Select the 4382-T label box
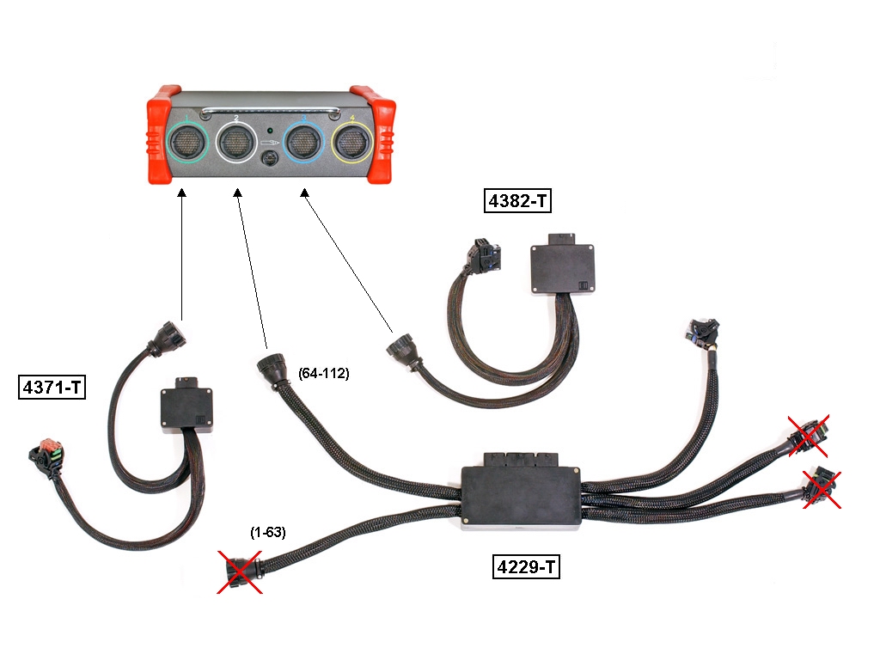pos(517,203)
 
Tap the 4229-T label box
pos(526,567)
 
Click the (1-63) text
pos(268,533)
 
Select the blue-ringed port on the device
pos(303,144)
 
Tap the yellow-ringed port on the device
pos(353,144)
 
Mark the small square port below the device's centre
pos(270,160)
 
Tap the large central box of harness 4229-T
pos(521,495)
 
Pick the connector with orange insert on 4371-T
pos(44,454)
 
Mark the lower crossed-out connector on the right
pos(822,488)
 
